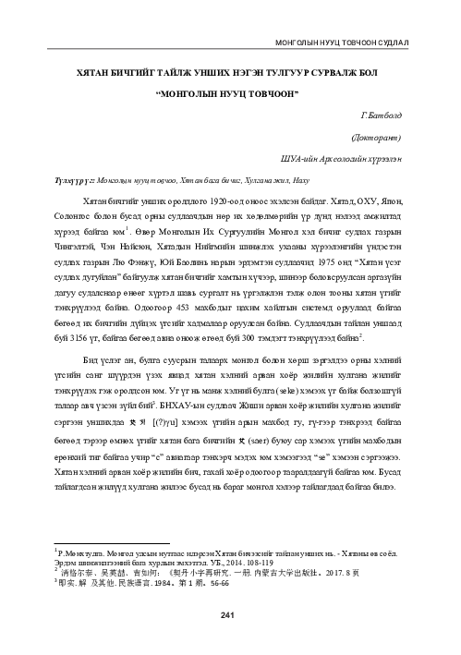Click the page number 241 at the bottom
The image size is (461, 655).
[231, 615]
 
